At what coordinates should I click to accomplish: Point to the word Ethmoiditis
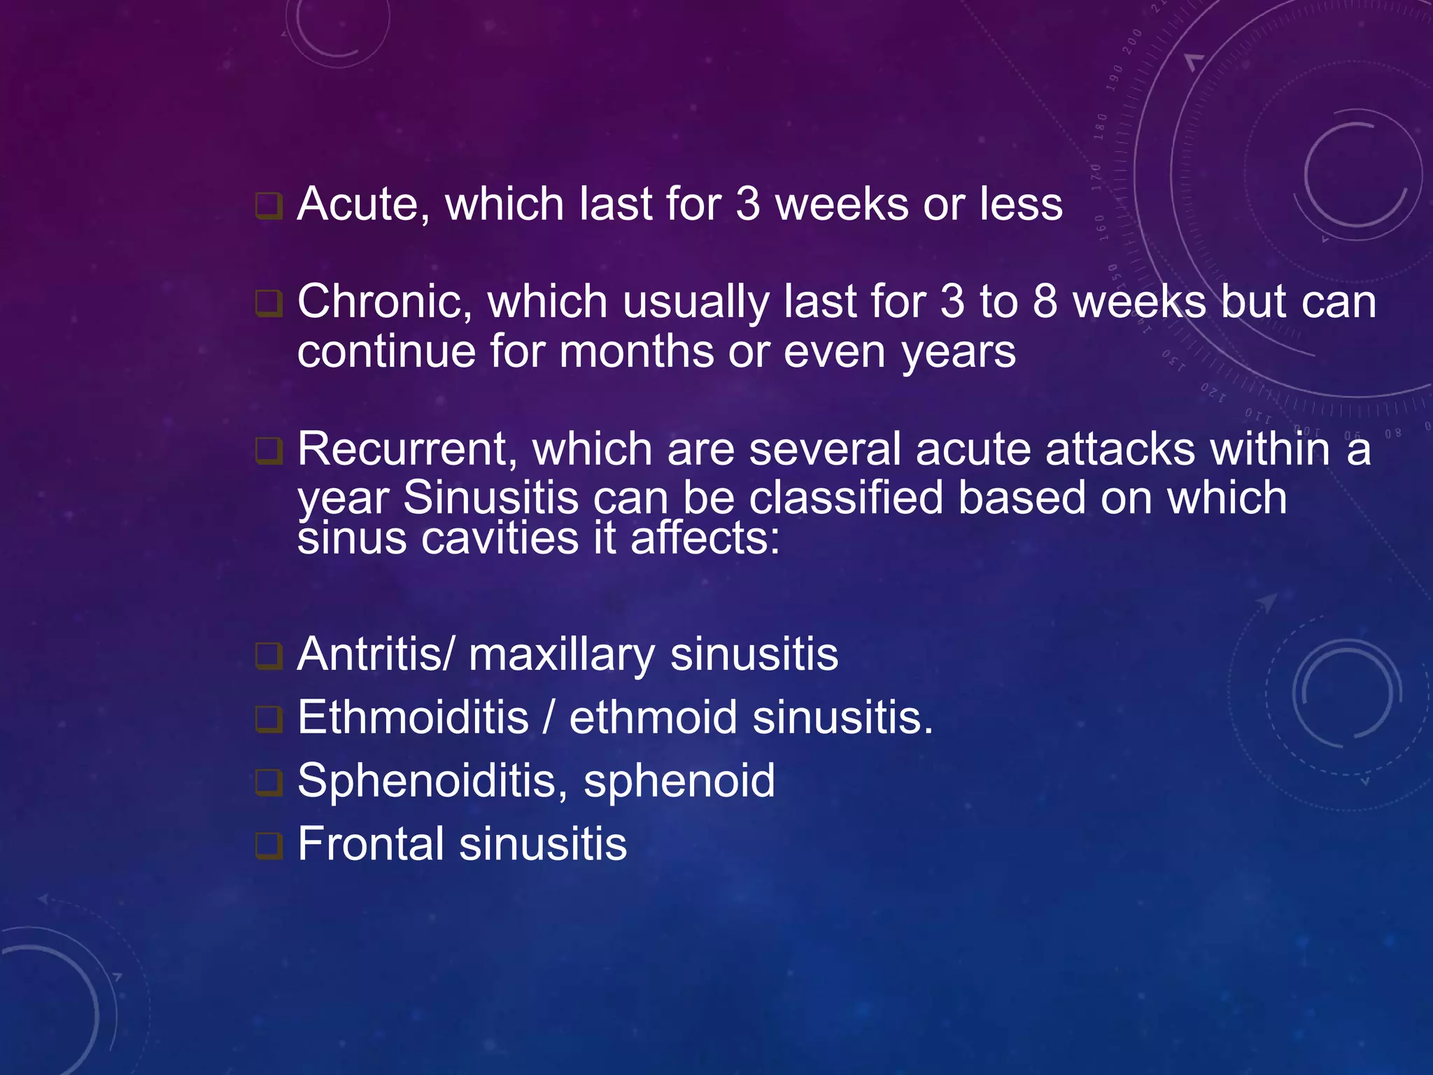tap(413, 717)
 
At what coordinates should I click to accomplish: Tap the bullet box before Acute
tap(269, 206)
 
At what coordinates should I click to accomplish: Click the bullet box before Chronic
tap(269, 304)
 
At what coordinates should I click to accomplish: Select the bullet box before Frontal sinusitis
tap(269, 845)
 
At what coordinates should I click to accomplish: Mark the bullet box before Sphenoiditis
tap(269, 782)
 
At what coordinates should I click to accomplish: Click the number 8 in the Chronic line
tap(1045, 302)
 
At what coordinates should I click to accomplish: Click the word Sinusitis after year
tap(490, 498)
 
